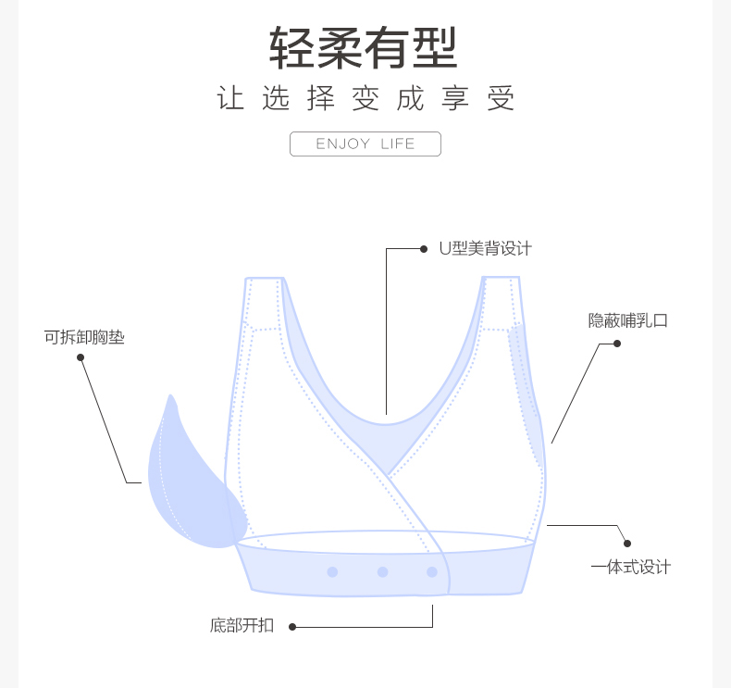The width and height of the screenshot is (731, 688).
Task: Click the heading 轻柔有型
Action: point(364,48)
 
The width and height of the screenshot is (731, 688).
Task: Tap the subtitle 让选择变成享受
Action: point(365,99)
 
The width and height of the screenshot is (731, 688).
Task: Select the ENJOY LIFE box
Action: point(365,144)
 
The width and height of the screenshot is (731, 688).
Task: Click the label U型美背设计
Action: point(485,248)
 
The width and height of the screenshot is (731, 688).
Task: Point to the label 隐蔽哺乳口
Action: point(627,321)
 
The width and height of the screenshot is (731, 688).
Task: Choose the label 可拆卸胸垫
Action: point(84,337)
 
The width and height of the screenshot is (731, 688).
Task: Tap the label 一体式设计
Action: point(630,567)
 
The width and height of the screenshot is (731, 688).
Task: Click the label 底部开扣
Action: point(242,625)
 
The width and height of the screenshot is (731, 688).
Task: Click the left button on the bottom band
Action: point(332,572)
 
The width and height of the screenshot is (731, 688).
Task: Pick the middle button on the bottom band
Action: point(382,572)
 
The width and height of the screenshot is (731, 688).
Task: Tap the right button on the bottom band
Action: point(432,572)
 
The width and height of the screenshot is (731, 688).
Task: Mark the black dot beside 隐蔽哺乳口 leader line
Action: point(617,344)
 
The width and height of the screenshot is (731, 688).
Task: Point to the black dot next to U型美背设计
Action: point(425,248)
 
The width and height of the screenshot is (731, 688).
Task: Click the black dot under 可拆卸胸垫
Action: point(81,357)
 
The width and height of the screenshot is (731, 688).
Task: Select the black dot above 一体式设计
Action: point(626,544)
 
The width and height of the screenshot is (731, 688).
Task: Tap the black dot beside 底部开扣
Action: point(293,627)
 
